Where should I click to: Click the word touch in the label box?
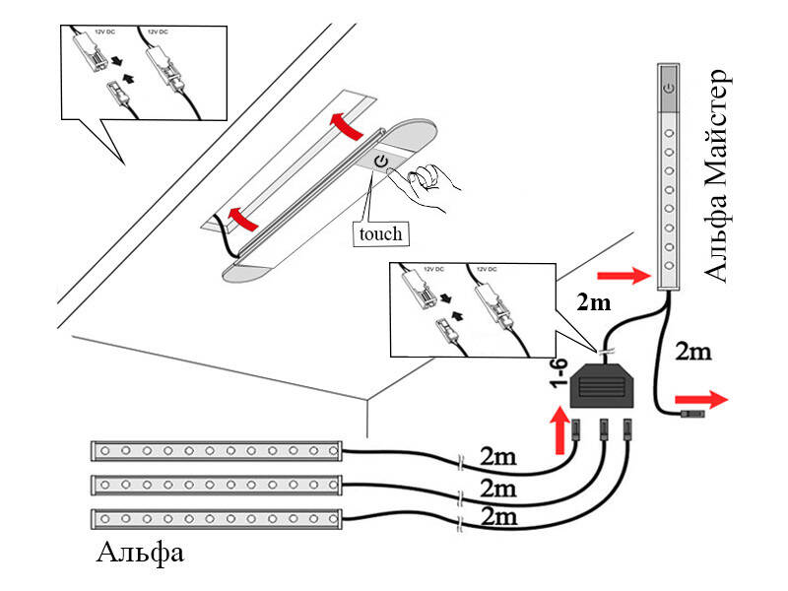(x=380, y=232)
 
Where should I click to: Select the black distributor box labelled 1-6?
(x=602, y=385)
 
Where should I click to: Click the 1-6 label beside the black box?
(x=557, y=378)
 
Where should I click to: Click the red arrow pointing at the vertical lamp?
(x=623, y=274)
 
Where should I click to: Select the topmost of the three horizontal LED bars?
(x=217, y=451)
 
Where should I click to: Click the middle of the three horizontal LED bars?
(x=217, y=485)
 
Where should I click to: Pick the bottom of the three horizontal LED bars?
(x=217, y=518)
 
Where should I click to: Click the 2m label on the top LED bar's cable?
(x=496, y=456)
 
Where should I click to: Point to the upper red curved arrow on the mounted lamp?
(x=344, y=124)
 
